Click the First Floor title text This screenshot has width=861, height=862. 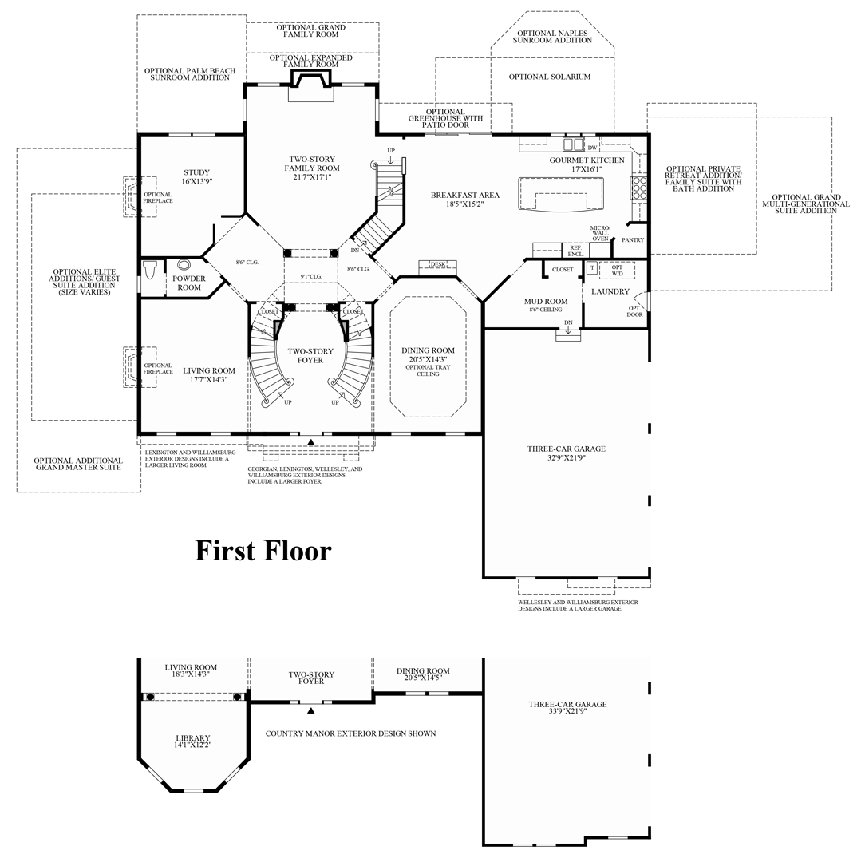tap(263, 550)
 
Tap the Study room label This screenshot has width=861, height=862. tap(196, 172)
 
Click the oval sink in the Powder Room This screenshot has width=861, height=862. tap(184, 266)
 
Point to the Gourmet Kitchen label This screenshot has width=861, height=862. tap(587, 160)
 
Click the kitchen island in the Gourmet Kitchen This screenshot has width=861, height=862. tap(563, 194)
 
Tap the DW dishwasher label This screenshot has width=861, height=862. tap(592, 148)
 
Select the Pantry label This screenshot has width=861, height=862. tap(633, 240)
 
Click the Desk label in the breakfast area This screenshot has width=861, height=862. tap(437, 264)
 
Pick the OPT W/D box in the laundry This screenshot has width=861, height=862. tap(616, 269)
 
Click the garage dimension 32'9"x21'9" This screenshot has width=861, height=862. tap(566, 458)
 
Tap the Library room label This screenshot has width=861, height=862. tap(192, 737)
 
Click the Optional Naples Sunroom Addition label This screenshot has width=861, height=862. tap(552, 36)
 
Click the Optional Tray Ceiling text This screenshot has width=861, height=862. tap(428, 370)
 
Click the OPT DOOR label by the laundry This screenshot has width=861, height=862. tap(634, 311)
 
